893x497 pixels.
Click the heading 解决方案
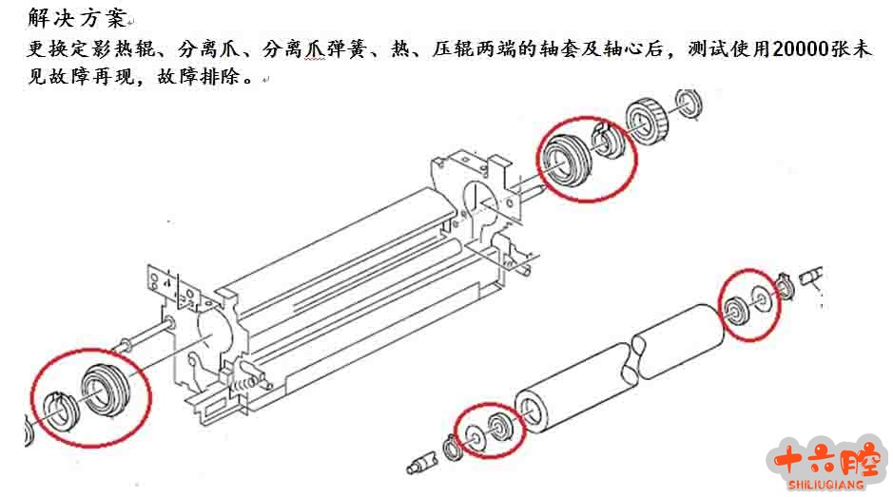pyautogui.click(x=76, y=18)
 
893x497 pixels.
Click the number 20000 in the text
pyautogui.click(x=800, y=49)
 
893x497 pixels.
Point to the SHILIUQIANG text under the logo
pyautogui.click(x=826, y=485)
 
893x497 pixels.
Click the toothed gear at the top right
pyautogui.click(x=647, y=121)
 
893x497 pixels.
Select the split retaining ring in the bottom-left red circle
pyautogui.click(x=63, y=411)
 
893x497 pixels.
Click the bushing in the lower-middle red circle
pyautogui.click(x=500, y=427)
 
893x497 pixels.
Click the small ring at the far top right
pyautogui.click(x=689, y=104)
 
